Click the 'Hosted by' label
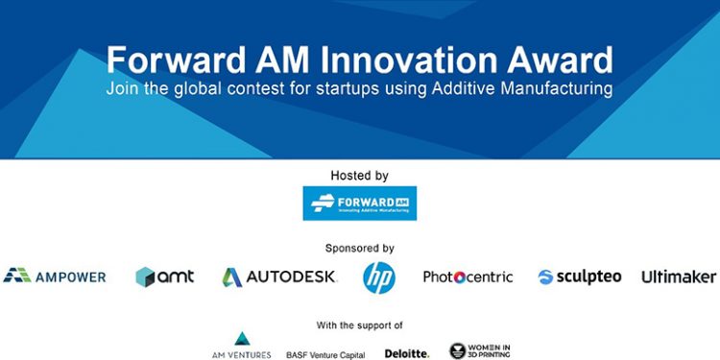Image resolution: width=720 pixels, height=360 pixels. (x=359, y=176)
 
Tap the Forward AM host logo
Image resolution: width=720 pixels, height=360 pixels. (x=359, y=204)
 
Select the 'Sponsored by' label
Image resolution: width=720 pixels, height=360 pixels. (x=359, y=248)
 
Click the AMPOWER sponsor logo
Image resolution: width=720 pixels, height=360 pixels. (x=55, y=276)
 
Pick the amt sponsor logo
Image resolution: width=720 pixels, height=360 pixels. (x=164, y=276)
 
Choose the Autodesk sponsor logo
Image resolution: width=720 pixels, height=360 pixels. (x=279, y=276)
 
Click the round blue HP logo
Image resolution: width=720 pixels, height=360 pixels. (x=378, y=276)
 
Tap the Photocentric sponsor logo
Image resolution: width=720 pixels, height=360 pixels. (x=468, y=276)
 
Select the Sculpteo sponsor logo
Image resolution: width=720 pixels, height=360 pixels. (x=579, y=276)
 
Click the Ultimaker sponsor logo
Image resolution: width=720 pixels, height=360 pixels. (x=679, y=276)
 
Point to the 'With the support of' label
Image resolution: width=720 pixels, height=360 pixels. (x=359, y=324)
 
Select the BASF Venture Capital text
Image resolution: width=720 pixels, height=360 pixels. (x=325, y=354)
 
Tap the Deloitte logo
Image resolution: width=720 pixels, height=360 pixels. (x=407, y=353)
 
